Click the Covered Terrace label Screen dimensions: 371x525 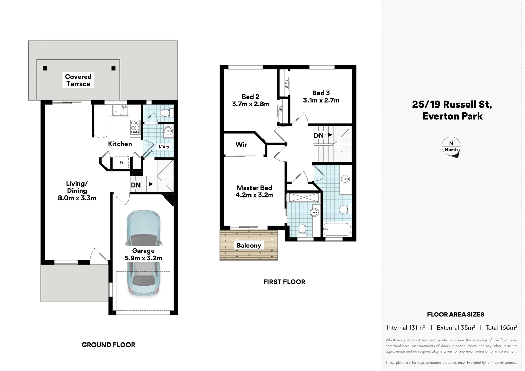(x=78, y=80)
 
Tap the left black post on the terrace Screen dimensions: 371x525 (x=45, y=68)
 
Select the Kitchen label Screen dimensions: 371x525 (x=120, y=144)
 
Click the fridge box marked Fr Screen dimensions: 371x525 (x=122, y=162)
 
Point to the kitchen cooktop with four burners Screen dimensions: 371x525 (x=135, y=127)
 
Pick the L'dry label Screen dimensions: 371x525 (x=164, y=146)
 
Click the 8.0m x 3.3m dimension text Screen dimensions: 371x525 (x=77, y=198)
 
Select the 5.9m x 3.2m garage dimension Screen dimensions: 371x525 (x=143, y=258)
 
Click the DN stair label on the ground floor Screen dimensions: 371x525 (x=136, y=185)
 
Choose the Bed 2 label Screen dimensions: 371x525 (x=250, y=97)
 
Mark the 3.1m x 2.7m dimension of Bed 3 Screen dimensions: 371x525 (x=321, y=100)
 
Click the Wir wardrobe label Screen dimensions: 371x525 (x=241, y=145)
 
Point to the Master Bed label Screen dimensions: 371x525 (x=255, y=188)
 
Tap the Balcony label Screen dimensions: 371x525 (x=249, y=245)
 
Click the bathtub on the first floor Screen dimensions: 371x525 (x=337, y=229)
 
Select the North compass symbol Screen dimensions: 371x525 (x=451, y=147)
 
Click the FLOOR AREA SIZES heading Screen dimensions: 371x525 (x=456, y=314)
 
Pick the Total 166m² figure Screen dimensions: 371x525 (x=501, y=328)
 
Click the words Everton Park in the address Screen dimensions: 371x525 (x=453, y=116)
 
